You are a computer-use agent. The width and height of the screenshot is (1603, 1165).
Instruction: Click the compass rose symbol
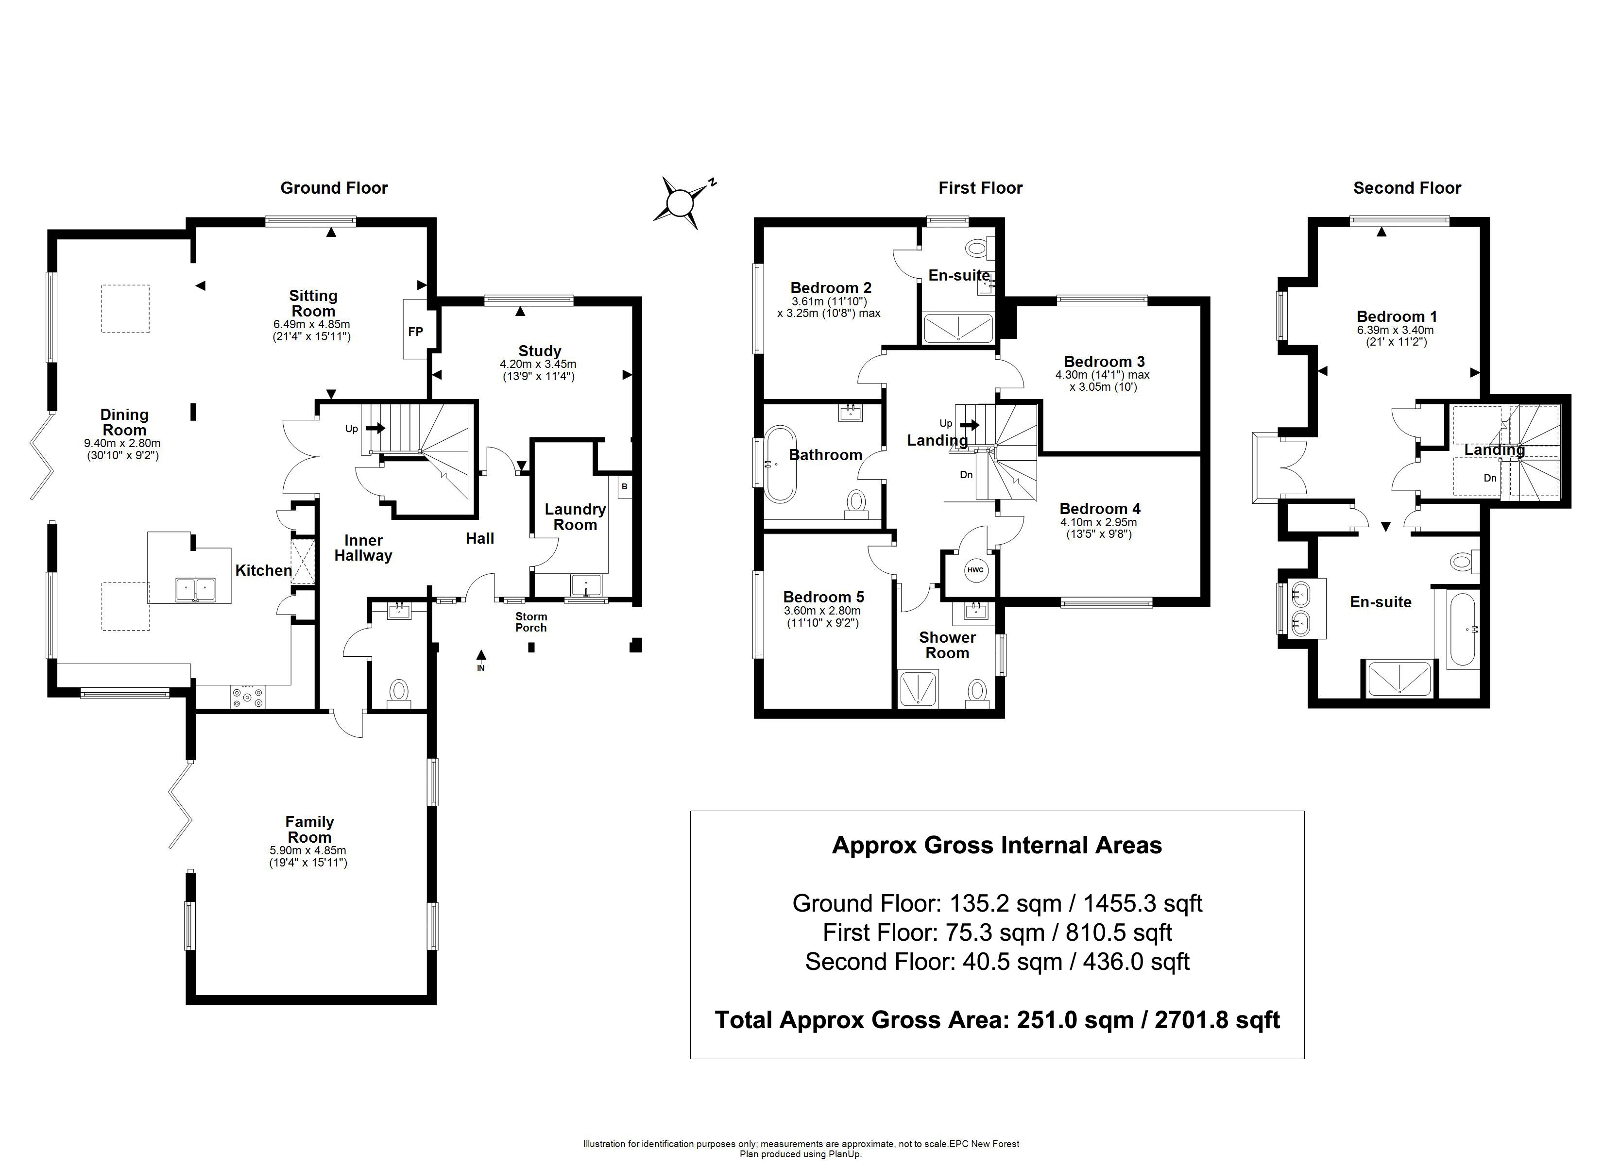pos(680,203)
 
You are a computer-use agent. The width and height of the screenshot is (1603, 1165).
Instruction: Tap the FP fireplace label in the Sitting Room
pos(416,332)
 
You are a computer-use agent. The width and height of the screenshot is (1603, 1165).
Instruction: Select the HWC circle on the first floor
pos(975,570)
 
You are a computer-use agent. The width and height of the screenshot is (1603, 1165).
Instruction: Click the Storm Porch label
pos(531,622)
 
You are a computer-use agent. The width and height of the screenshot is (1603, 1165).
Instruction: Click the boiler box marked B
pos(624,487)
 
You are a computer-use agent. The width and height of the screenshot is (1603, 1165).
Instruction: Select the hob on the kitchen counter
pos(247,698)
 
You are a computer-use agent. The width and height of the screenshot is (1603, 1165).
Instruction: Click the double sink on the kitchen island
pos(196,588)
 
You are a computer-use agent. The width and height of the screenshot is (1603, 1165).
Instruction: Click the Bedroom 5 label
pos(823,597)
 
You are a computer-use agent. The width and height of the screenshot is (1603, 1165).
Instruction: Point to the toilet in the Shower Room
pos(977,692)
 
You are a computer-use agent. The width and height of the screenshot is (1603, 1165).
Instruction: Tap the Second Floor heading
pos(1407,188)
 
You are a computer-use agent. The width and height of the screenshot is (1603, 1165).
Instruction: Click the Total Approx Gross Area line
pos(997,1019)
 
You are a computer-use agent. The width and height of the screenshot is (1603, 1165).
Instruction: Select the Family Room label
pos(309,830)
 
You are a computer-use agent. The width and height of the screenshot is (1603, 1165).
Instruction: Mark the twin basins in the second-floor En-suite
pos(1302,608)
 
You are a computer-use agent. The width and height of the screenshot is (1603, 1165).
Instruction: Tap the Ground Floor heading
pos(334,188)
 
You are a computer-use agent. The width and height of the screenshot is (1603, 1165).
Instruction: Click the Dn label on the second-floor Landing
pos(1490,478)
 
